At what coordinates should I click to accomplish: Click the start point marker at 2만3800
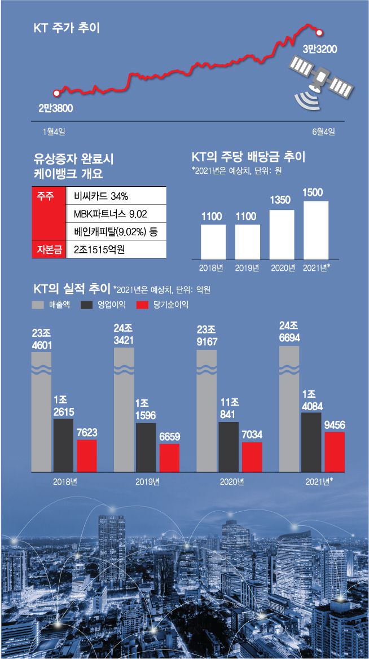coord(55,93)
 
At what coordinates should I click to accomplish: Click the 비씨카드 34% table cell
coord(116,196)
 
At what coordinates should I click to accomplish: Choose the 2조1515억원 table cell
coord(116,248)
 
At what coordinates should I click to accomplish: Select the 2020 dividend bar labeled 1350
coord(282,234)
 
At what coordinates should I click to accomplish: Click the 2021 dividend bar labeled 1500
coord(316,229)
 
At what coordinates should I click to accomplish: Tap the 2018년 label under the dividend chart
coord(213,268)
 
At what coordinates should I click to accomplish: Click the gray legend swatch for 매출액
coord(39,305)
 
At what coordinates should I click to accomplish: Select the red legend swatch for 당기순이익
coord(143,305)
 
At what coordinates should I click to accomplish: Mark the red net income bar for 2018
coord(87,455)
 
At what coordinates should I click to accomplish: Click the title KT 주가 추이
coord(66,27)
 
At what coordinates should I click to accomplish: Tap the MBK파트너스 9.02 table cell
coord(116,214)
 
